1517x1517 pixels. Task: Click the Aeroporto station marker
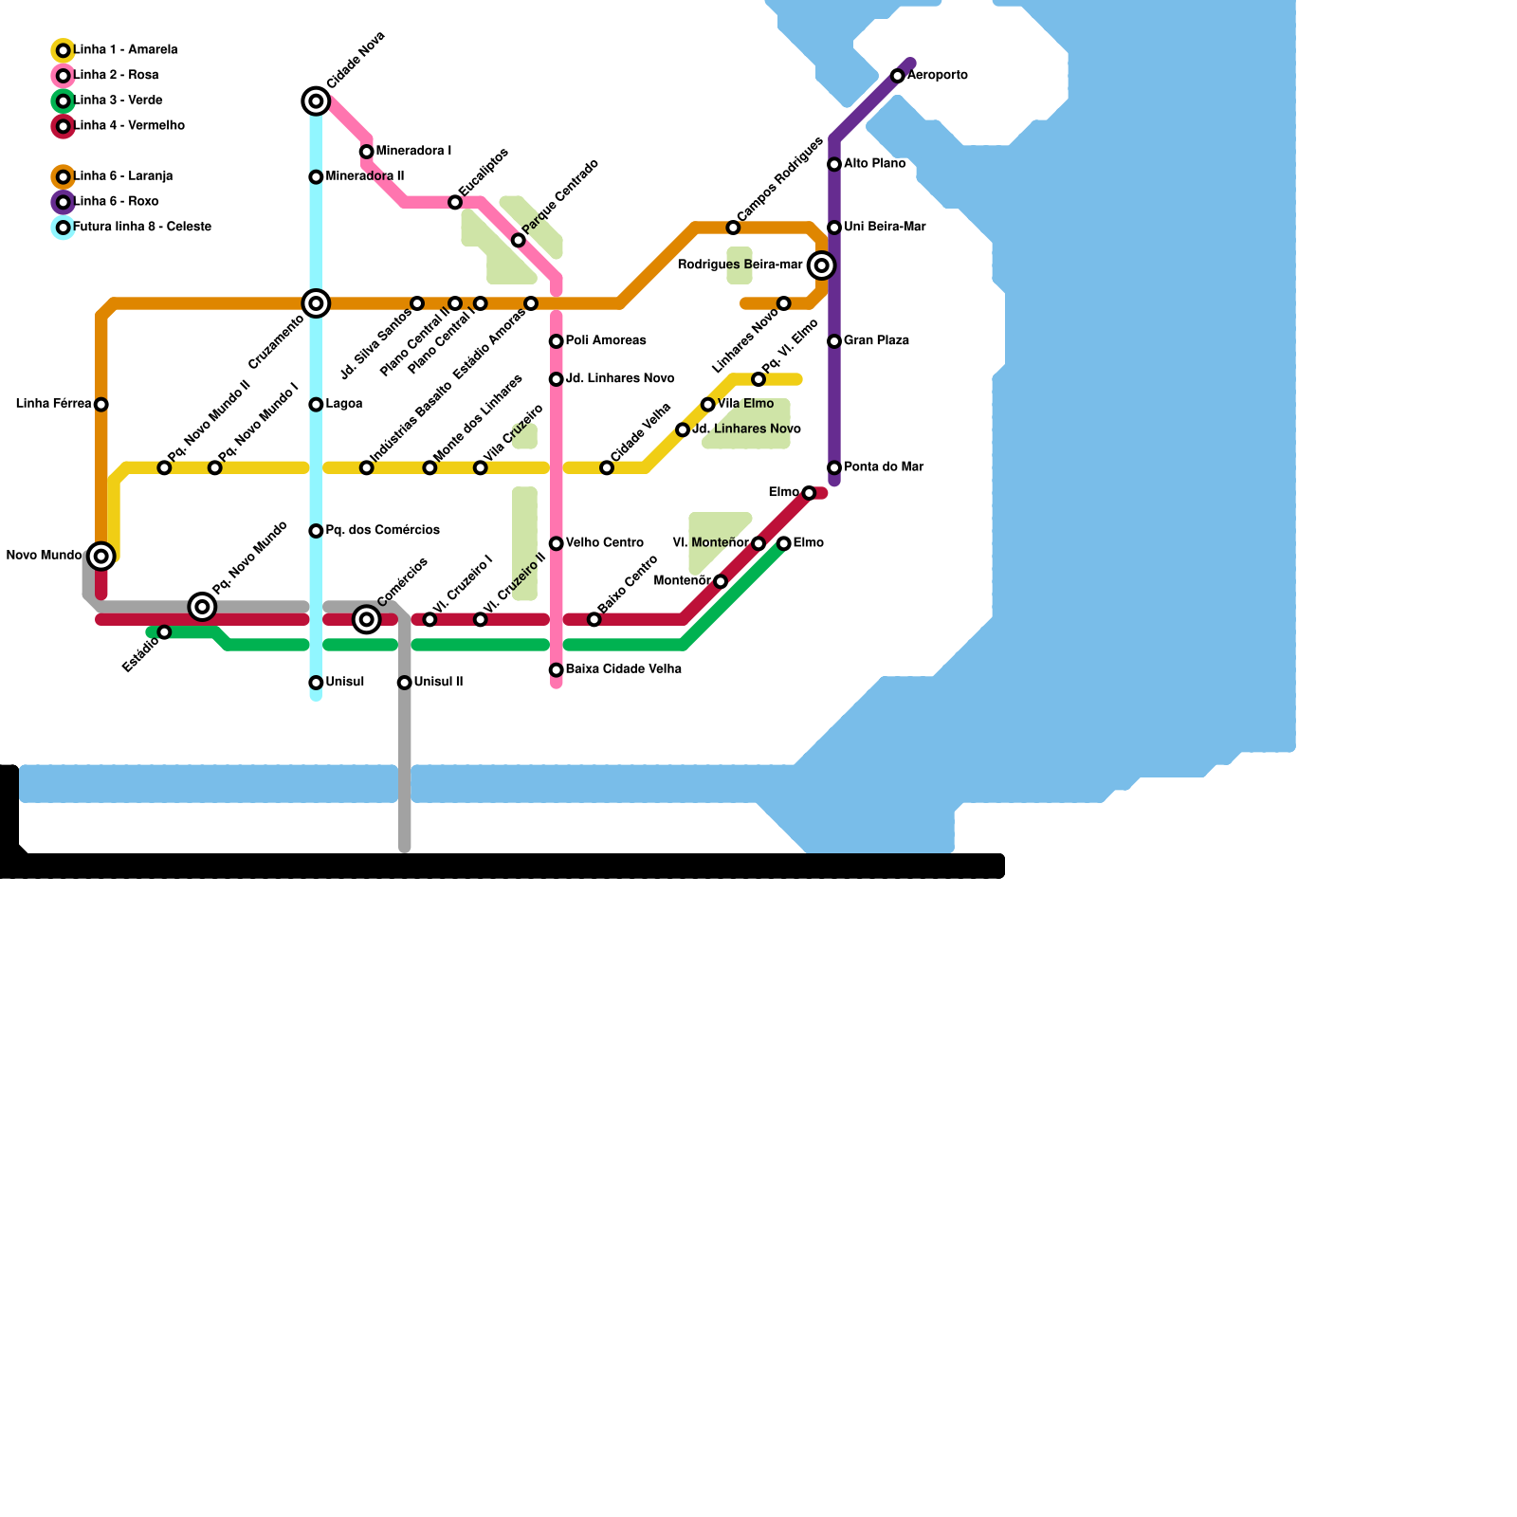[x=897, y=76]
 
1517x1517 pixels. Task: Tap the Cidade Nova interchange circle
[x=316, y=101]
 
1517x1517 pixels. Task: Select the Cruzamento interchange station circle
[x=316, y=303]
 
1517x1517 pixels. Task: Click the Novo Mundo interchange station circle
[x=101, y=556]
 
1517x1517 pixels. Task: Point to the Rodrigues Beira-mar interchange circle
[x=822, y=265]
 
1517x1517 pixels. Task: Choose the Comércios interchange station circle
[x=367, y=619]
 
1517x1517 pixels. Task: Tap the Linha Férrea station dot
[x=101, y=405]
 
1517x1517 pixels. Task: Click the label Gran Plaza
[x=876, y=340]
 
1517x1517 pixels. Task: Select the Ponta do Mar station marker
[x=834, y=468]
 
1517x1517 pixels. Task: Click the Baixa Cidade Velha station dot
[x=557, y=670]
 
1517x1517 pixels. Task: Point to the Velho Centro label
[x=605, y=543]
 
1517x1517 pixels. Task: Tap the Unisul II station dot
[x=405, y=683]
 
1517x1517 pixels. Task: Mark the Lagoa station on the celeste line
[x=316, y=405]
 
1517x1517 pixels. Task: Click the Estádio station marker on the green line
[x=164, y=632]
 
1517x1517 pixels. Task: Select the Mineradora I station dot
[x=367, y=152]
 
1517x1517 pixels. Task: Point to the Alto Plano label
[x=874, y=164]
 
